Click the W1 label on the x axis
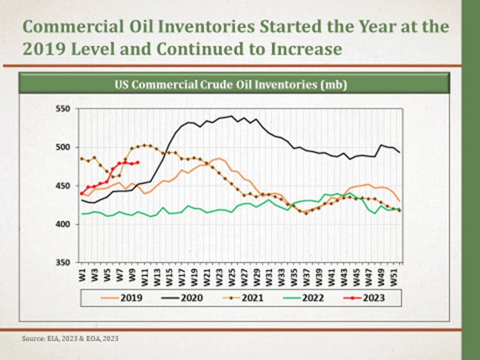point(82,274)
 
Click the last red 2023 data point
point(138,162)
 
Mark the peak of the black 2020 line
point(230,116)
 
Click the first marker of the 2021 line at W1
point(82,159)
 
